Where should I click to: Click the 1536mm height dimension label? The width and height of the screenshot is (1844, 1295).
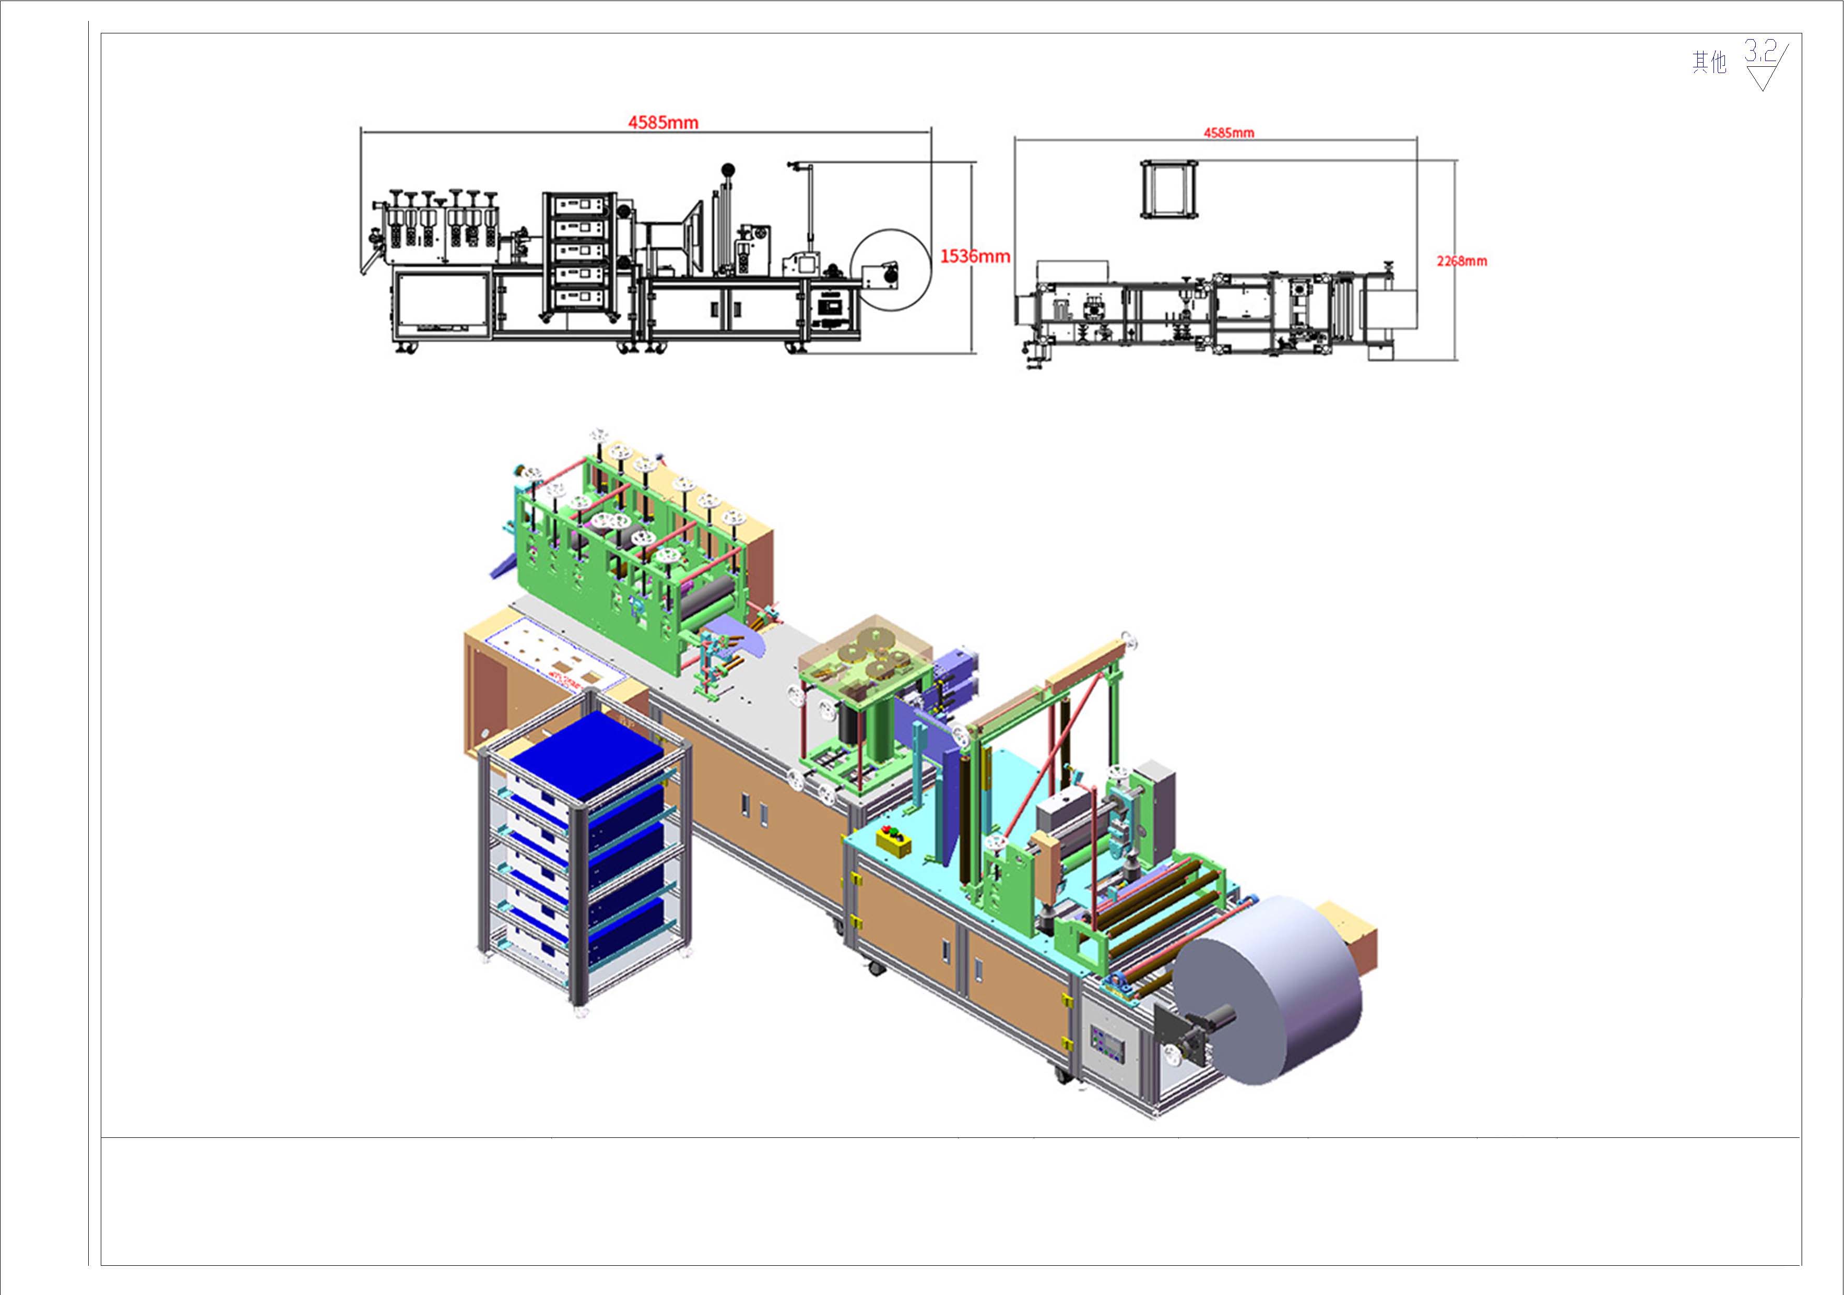975,256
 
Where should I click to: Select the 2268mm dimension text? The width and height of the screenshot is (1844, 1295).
1462,261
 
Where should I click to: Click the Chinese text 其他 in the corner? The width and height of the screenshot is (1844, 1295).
1709,62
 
